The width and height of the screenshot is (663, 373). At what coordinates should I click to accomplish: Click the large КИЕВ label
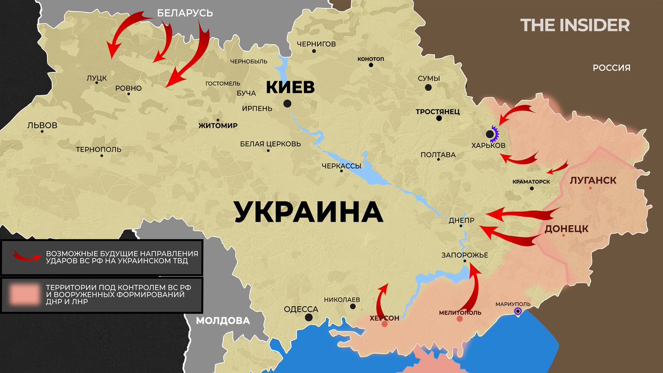[291, 87]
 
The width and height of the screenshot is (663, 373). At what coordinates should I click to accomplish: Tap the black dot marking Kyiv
[287, 103]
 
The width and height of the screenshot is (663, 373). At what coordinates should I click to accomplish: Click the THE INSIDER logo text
[575, 25]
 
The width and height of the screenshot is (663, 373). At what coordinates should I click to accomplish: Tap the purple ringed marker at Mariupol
[518, 312]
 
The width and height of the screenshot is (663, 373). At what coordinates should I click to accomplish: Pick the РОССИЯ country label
[612, 68]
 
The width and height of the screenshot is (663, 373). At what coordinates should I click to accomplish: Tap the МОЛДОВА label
[223, 321]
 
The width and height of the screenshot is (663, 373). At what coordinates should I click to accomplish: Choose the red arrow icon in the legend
[27, 256]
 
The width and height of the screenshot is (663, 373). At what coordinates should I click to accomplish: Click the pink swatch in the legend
[24, 295]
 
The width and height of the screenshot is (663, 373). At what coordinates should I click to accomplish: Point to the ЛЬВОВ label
[42, 125]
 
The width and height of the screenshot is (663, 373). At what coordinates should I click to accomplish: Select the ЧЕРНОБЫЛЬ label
[249, 61]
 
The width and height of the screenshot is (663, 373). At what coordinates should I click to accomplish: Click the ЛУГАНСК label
[592, 180]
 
